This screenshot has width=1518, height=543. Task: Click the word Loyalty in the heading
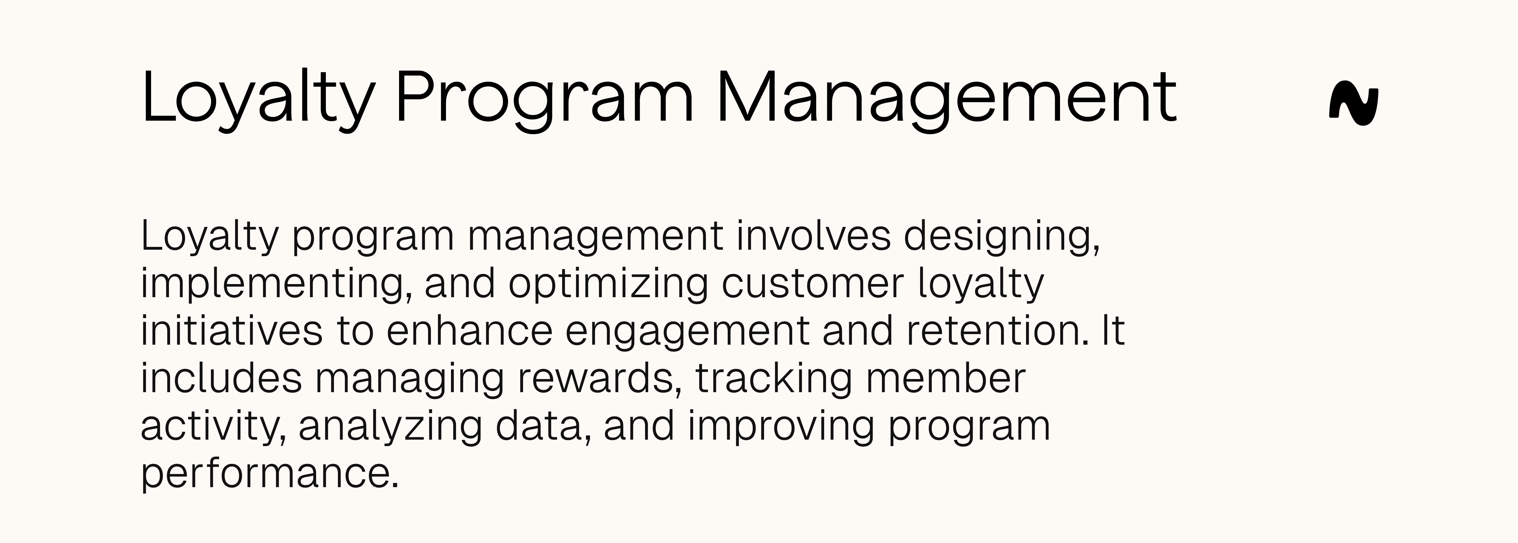click(x=257, y=97)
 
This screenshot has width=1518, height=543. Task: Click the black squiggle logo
click(x=1354, y=106)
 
